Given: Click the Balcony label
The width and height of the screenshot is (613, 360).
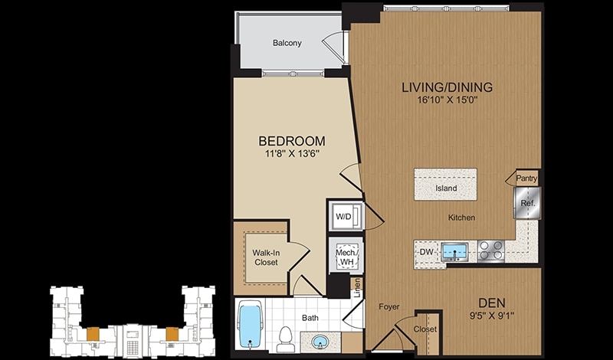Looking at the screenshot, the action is (x=287, y=43).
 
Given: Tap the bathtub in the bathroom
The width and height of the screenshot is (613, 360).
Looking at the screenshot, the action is (x=251, y=325).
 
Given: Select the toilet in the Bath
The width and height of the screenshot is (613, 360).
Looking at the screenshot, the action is (x=285, y=339).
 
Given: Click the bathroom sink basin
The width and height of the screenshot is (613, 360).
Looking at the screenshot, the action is (x=320, y=342).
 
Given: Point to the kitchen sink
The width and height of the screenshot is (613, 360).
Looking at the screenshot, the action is (x=454, y=252).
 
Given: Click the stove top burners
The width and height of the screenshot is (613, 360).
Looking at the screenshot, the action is (x=490, y=250).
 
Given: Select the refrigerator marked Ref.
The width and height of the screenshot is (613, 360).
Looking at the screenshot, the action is (x=527, y=203).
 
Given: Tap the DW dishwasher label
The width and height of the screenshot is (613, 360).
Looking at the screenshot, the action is (x=427, y=252).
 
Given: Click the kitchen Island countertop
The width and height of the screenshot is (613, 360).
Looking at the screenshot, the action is (x=445, y=184).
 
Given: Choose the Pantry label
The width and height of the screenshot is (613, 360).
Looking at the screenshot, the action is (x=526, y=178).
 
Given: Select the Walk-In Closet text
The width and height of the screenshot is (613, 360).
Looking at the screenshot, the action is (x=266, y=257).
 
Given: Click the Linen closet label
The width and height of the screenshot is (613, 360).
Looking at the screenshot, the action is (x=357, y=289).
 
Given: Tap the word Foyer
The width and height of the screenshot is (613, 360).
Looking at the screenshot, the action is (x=389, y=307).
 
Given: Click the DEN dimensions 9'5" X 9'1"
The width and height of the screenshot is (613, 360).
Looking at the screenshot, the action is (x=492, y=315).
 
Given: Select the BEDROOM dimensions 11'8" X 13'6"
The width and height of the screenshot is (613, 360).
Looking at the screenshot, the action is (x=292, y=154).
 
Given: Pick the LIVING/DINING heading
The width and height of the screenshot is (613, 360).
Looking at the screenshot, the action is (x=447, y=87).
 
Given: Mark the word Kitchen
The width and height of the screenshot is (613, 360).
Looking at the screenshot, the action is (x=462, y=218).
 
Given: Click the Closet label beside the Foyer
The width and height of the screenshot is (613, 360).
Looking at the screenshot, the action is (x=425, y=329).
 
